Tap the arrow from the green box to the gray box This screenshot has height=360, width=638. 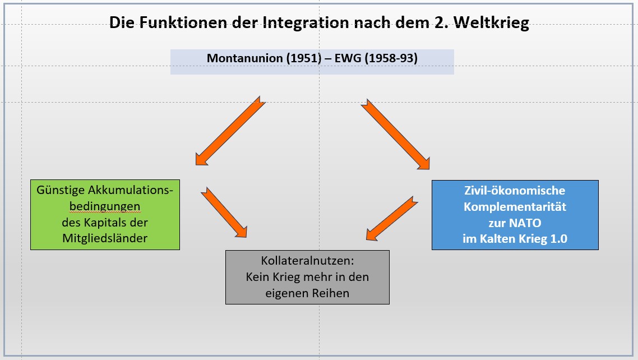(x=223, y=211)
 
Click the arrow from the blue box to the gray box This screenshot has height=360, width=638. (x=392, y=218)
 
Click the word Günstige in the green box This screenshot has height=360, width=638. (x=59, y=190)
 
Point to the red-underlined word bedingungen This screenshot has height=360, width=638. (x=105, y=206)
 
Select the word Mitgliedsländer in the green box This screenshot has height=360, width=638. (x=105, y=238)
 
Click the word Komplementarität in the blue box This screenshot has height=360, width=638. (x=515, y=206)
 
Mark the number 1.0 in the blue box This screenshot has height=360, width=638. (x=557, y=239)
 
